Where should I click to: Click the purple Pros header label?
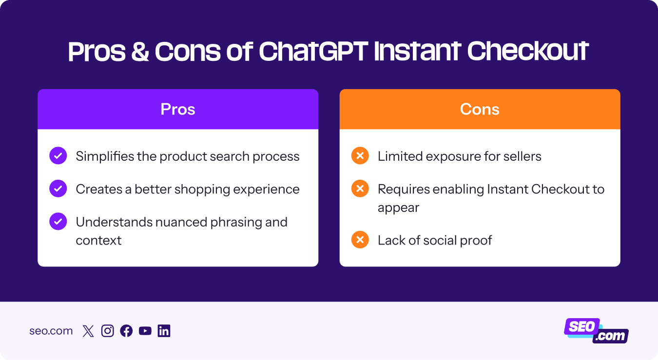[178, 109]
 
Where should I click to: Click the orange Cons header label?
[480, 109]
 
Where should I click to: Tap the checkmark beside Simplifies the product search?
[58, 156]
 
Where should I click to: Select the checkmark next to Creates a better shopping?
[58, 189]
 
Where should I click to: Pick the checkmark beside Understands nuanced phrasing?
[58, 222]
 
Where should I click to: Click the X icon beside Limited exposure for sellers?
[360, 156]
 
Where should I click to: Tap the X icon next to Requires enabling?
[360, 189]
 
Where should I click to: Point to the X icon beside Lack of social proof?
[360, 240]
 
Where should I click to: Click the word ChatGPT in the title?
[313, 51]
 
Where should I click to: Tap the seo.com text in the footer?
[51, 331]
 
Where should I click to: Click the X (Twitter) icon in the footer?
[88, 331]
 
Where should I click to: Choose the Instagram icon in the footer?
[107, 331]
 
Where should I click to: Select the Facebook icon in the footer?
[126, 331]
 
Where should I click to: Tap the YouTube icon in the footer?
[145, 331]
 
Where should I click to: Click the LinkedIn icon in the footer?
[164, 331]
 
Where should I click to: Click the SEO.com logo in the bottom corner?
[596, 331]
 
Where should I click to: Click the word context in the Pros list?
[98, 240]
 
